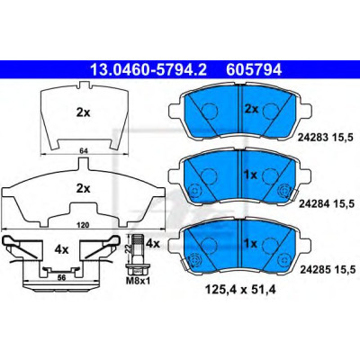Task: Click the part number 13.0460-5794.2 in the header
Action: point(148,70)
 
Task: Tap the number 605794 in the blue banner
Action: point(254,70)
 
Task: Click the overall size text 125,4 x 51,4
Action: point(240,290)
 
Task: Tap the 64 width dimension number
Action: point(84,151)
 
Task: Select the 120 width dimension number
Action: point(83,225)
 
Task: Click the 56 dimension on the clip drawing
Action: point(61,278)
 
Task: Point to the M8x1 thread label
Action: point(138,282)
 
